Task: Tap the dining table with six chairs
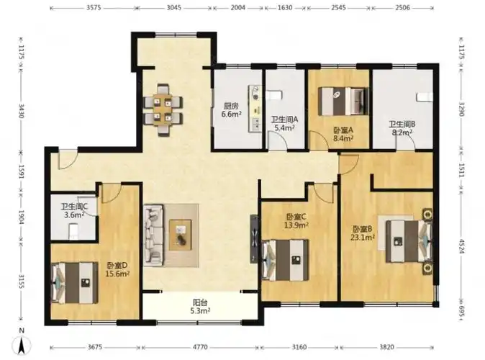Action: pos(163,110)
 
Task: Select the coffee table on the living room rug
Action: pos(180,235)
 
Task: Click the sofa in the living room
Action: pos(153,235)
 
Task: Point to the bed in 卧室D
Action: pos(75,283)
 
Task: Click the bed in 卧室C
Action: pos(285,260)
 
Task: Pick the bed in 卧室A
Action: pos(343,102)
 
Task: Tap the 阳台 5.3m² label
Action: pos(200,306)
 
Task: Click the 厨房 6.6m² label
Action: pos(231,110)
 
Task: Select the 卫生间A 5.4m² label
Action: pos(284,124)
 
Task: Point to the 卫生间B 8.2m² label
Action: pos(402,128)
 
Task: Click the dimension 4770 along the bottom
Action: pos(200,347)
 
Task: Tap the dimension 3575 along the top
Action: pos(94,7)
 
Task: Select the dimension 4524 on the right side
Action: pos(461,246)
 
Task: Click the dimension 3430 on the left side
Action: pos(22,111)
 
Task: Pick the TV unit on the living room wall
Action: pos(254,239)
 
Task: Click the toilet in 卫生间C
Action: pos(73,231)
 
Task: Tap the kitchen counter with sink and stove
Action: pos(255,109)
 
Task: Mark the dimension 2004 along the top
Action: pos(238,7)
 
